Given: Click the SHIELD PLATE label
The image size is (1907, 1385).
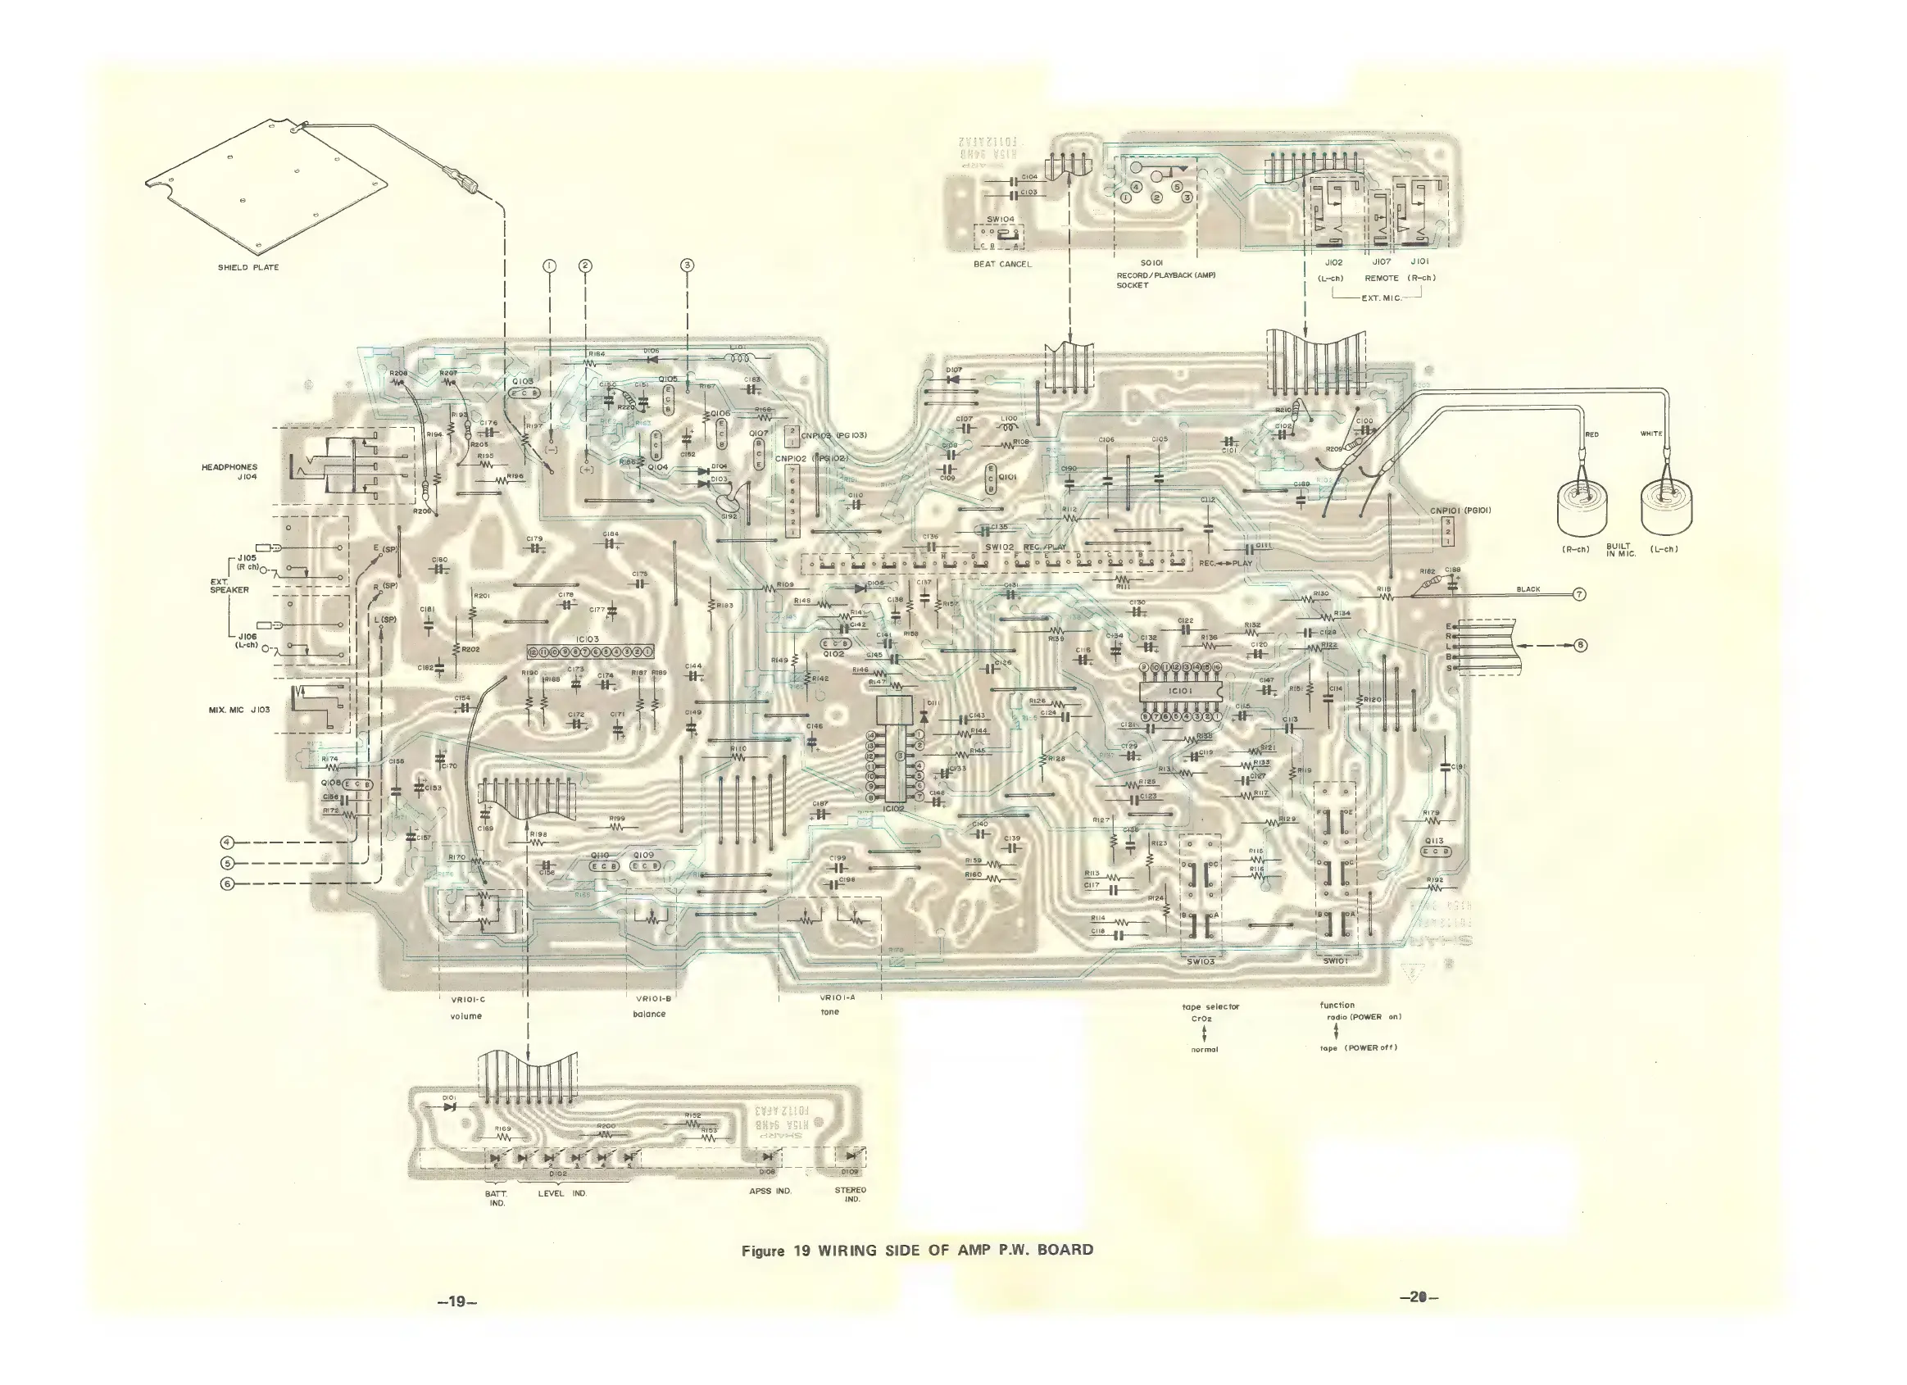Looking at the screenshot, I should click(248, 267).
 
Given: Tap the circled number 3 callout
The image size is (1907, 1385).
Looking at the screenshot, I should click(687, 266).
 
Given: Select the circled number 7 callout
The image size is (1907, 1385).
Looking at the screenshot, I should click(1579, 594).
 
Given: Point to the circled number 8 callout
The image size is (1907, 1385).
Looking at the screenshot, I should click(1581, 645).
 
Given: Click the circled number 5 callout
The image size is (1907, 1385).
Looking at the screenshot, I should click(226, 863).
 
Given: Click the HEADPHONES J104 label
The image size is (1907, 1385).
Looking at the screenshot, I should click(229, 472).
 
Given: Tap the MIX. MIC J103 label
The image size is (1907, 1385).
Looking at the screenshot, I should click(238, 710).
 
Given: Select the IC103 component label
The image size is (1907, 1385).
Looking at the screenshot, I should click(588, 640).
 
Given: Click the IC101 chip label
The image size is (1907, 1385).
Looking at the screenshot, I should click(1181, 690).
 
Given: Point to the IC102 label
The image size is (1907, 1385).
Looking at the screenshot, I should click(893, 809).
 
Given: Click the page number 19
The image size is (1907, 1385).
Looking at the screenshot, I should click(456, 1301).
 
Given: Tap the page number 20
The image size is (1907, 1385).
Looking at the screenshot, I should click(1419, 1297).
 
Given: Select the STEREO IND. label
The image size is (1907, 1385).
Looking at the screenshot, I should click(850, 1194).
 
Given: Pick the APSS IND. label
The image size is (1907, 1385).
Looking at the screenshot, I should click(770, 1191).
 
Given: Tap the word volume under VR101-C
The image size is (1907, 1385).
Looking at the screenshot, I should click(466, 1016).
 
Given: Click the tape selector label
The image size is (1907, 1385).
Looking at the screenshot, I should click(1210, 1006).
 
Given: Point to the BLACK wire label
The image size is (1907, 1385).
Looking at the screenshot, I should click(1528, 589).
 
